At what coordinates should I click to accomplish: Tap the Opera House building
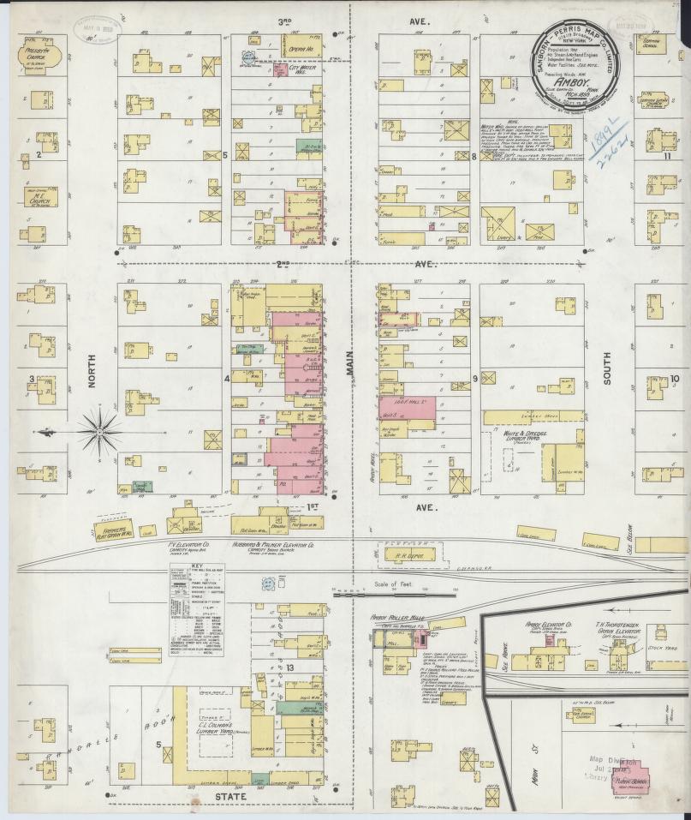click(x=301, y=45)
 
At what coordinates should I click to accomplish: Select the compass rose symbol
click(x=100, y=432)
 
